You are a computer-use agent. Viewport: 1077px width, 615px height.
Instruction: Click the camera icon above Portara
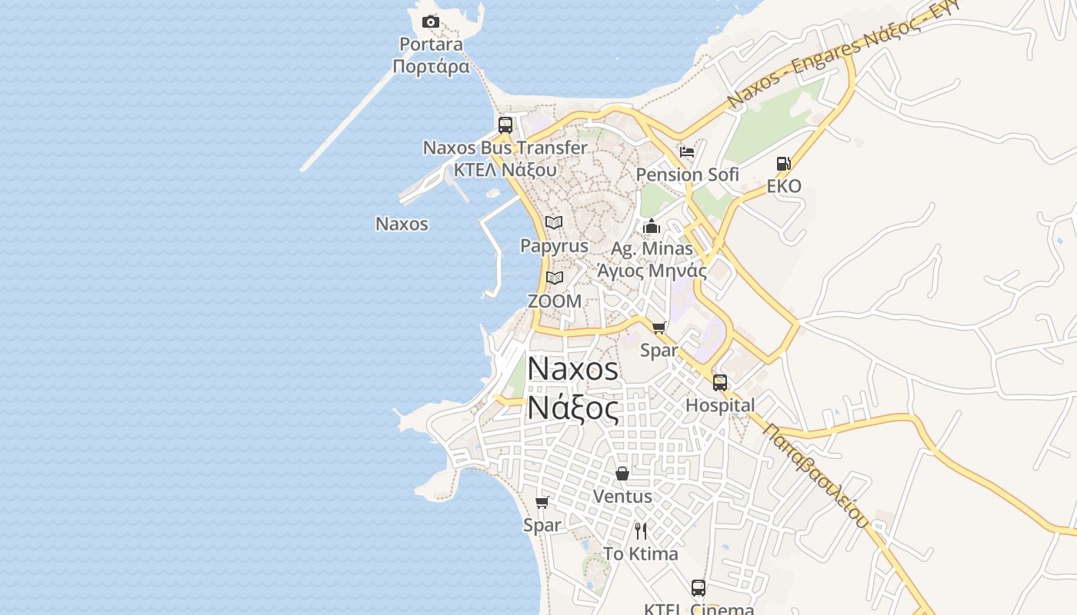coord(431,22)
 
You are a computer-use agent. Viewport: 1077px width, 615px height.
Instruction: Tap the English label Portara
coord(431,44)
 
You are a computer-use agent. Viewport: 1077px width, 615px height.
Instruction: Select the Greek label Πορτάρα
coord(431,66)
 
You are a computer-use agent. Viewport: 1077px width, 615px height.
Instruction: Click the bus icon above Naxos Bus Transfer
coord(505,125)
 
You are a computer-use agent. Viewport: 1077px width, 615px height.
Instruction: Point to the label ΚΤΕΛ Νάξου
coord(505,169)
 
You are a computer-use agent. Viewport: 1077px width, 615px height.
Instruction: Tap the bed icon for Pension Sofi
coord(687,151)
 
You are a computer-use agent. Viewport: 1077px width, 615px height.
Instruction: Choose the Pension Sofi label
coord(687,175)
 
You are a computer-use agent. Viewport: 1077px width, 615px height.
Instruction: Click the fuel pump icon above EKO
coord(783,163)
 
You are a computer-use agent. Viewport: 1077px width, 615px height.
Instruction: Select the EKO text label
coord(784,186)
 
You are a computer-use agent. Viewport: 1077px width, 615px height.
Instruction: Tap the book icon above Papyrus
coord(554,223)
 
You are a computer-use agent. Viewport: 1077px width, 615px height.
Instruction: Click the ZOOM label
coord(555,301)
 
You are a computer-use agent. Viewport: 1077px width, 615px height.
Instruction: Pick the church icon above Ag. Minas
coord(652,226)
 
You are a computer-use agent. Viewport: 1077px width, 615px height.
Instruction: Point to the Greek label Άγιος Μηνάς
coord(652,271)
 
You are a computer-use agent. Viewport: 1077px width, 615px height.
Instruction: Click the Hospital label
coord(720,405)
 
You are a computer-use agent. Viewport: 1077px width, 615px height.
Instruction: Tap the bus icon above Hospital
coord(720,382)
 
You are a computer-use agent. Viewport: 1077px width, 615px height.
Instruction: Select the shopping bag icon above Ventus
coord(622,474)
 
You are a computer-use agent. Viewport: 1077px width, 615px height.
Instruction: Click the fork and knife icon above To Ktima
coord(641,530)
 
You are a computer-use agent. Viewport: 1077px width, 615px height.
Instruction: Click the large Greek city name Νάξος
coord(573,407)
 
